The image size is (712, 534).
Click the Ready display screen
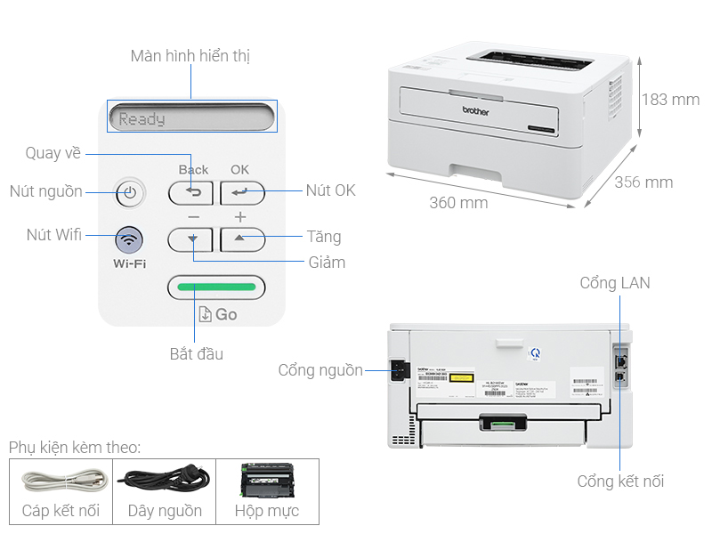191,117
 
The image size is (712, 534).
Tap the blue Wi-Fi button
129,239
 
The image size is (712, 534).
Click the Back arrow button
191,192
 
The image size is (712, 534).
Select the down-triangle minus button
191,239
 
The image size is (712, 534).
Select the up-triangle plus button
239,239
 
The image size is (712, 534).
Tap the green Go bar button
216,287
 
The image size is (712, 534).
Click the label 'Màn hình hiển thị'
190,56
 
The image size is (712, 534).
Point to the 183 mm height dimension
669,100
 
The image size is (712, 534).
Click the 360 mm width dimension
458,203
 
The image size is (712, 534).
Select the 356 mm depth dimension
643,182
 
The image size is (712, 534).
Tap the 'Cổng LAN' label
614,283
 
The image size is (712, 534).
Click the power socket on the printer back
398,370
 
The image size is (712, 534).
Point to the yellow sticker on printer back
460,378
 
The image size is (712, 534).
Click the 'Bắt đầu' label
197,354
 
